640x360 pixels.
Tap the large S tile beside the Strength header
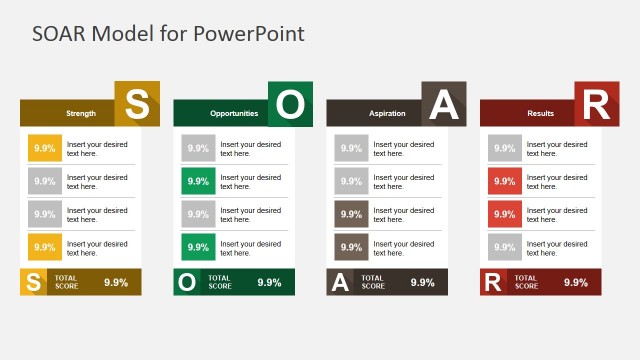[137, 104]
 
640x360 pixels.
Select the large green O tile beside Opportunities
[290, 104]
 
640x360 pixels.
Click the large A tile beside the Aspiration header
[443, 104]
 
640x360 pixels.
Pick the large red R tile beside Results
[596, 104]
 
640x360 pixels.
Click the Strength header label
[81, 114]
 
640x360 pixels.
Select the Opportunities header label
[234, 114]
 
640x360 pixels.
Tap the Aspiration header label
[387, 114]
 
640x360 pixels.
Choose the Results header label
[540, 114]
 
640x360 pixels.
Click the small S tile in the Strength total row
[33, 282]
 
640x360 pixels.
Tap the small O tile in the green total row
[186, 282]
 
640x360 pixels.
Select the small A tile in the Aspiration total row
[340, 282]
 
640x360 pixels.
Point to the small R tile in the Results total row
[493, 282]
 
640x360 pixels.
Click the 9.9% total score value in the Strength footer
[116, 282]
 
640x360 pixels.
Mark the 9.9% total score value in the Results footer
[576, 282]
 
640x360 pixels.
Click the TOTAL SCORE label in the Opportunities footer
[220, 282]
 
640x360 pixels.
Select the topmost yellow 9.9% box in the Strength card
[44, 148]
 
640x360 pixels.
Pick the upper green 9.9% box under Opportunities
[198, 181]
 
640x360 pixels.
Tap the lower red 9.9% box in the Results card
[505, 214]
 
